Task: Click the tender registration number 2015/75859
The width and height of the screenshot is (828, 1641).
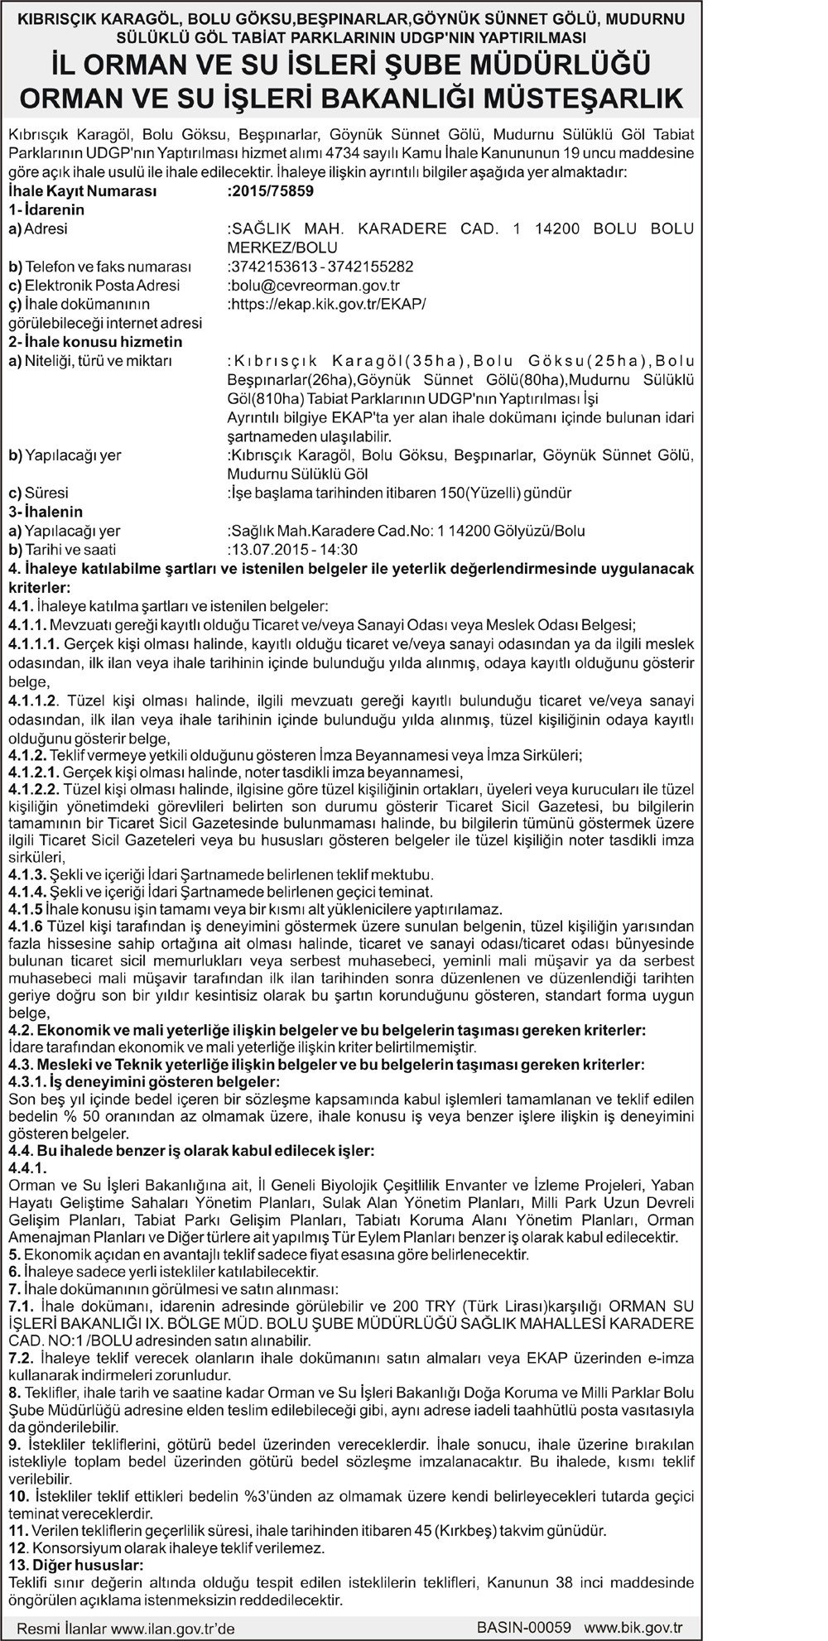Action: pyautogui.click(x=271, y=191)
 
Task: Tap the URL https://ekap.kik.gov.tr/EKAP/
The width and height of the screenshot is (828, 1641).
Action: pyautogui.click(x=326, y=304)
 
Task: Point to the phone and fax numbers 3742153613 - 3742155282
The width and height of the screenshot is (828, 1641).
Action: pyautogui.click(x=320, y=267)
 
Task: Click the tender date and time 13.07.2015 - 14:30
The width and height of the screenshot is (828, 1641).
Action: pyautogui.click(x=292, y=549)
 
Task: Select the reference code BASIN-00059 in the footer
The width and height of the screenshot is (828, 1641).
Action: pyautogui.click(x=524, y=1626)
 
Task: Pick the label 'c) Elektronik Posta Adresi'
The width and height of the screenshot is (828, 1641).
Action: pyautogui.click(x=94, y=286)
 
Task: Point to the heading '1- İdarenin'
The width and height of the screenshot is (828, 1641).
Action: pyautogui.click(x=46, y=210)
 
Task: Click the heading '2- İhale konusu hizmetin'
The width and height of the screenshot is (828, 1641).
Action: pyautogui.click(x=94, y=342)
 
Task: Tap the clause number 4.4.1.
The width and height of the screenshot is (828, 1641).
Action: pyautogui.click(x=27, y=1167)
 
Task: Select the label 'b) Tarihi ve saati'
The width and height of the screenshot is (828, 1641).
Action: pyautogui.click(x=62, y=549)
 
